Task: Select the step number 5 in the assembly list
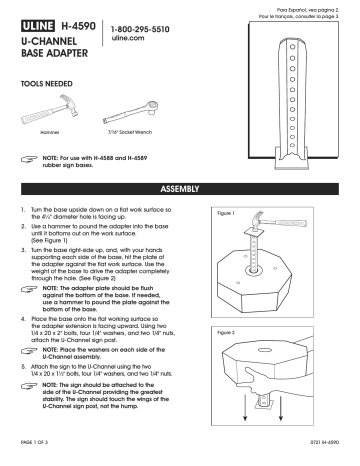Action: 24,368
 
